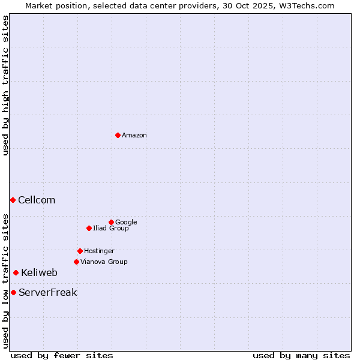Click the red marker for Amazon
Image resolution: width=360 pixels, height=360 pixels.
[x=118, y=135]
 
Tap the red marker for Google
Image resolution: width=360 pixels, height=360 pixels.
[x=111, y=222]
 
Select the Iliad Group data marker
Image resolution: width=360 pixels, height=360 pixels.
[x=89, y=228]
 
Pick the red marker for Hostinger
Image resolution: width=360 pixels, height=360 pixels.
[x=80, y=251]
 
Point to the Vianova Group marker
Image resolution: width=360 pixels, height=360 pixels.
[x=76, y=262]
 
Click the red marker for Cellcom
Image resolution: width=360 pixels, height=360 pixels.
[x=13, y=200]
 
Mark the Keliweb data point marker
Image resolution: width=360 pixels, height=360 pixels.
[x=16, y=272]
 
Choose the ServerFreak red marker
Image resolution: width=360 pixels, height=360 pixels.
[x=13, y=292]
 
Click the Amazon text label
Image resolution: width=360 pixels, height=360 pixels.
[x=134, y=136]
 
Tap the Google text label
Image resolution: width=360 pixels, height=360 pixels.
[x=126, y=222]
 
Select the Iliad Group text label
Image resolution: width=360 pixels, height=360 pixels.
[x=111, y=228]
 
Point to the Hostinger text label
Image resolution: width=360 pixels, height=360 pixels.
[x=99, y=251]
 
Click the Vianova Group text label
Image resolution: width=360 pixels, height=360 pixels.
[x=104, y=262]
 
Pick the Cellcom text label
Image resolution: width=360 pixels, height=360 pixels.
[x=37, y=200]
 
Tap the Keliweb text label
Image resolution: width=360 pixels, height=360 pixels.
[x=39, y=272]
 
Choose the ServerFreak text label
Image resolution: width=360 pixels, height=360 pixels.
[x=47, y=292]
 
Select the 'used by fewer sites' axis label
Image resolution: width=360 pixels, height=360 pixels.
[x=62, y=355]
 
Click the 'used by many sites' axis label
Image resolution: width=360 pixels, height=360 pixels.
[x=301, y=355]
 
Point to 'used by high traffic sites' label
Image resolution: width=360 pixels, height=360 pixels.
[x=5, y=85]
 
